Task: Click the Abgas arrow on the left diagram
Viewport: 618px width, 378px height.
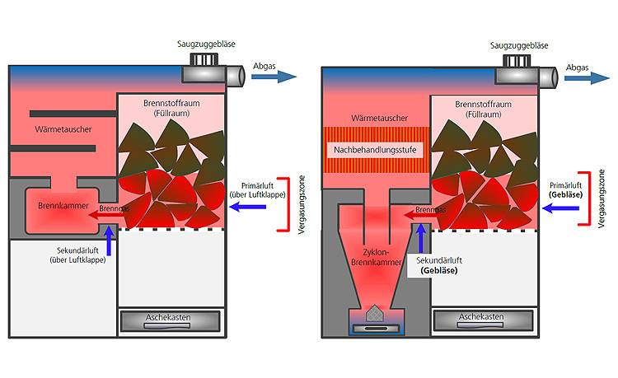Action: click(x=273, y=77)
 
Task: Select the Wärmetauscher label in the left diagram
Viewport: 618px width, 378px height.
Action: click(x=63, y=130)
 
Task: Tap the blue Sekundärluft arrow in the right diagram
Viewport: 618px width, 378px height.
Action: click(x=420, y=237)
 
